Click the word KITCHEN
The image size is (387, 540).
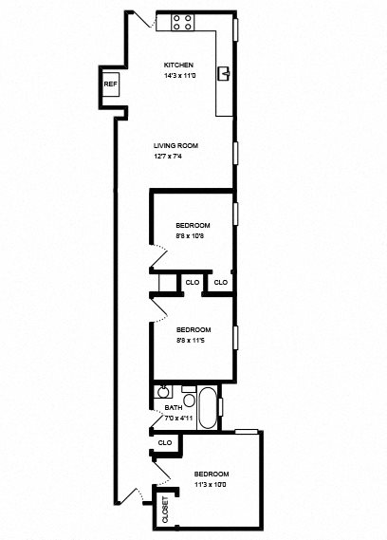pos(178,65)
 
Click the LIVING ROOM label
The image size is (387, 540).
pos(175,145)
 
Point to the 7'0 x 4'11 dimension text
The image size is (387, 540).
pos(178,418)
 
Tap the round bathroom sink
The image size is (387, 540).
pos(162,390)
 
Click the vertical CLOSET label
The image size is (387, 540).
pos(166,511)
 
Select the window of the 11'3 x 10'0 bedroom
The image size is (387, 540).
pos(247,432)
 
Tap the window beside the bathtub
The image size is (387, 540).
pos(222,405)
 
